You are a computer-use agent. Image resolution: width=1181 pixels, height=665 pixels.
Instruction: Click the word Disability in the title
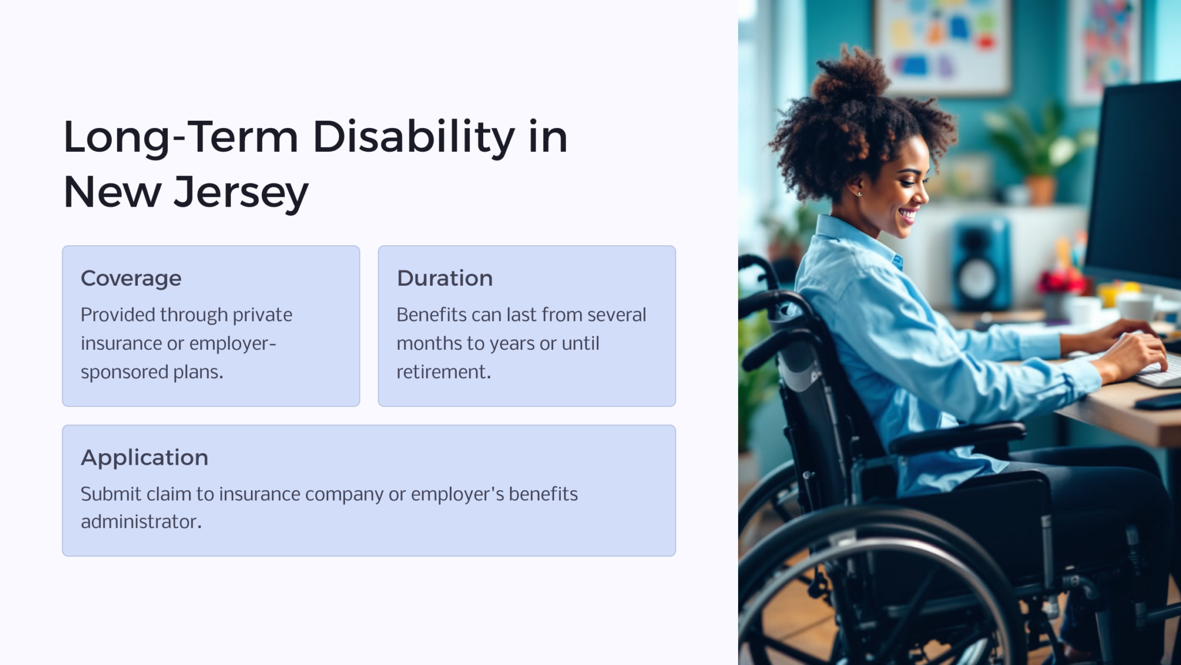point(413,137)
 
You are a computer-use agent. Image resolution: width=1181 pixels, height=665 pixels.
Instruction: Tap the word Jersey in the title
point(241,192)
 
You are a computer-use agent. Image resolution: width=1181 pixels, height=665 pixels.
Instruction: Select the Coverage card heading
point(131,278)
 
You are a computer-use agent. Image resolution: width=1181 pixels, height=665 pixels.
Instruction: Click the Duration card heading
point(445,278)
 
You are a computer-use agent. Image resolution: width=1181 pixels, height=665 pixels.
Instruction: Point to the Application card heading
point(144,458)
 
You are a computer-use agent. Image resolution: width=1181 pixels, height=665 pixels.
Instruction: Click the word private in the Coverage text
point(262,315)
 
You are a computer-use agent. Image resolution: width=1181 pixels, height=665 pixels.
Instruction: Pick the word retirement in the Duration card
point(443,372)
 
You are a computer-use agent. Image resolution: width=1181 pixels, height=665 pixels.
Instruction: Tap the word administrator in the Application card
point(141,522)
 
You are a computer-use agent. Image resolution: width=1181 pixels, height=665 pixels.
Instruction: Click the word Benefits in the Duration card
point(431,315)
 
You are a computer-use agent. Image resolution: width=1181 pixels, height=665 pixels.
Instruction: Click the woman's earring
point(859,193)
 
